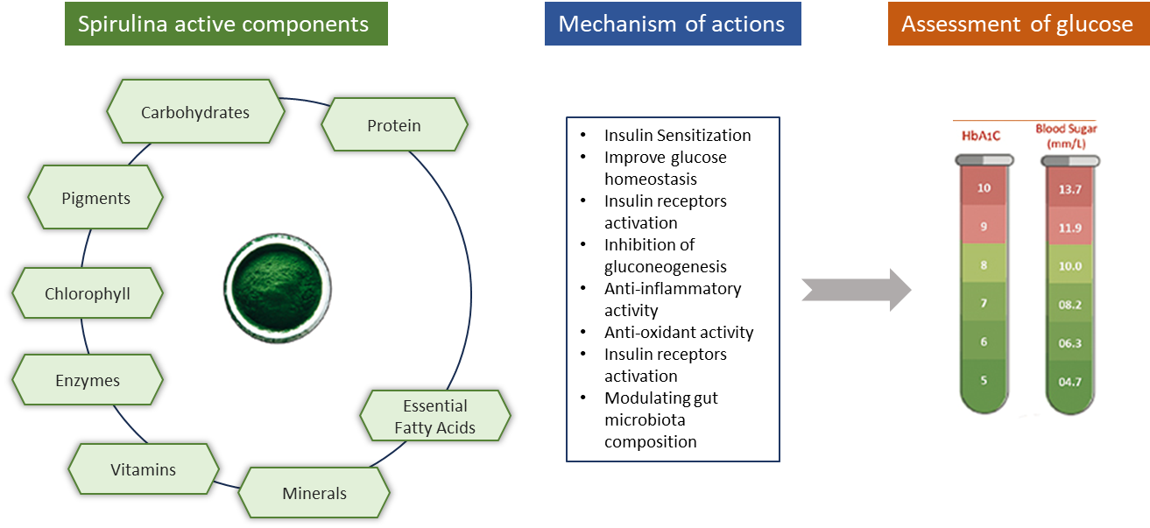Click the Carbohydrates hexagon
click(195, 112)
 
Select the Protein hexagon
click(394, 125)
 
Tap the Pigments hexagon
click(95, 198)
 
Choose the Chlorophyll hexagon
click(88, 293)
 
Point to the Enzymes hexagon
click(88, 381)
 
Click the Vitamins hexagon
click(144, 469)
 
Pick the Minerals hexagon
click(314, 493)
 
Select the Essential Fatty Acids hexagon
click(435, 417)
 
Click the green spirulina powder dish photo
click(276, 289)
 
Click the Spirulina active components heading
click(224, 24)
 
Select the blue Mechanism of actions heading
click(672, 24)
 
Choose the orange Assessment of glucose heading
click(1017, 24)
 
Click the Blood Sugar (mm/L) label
click(1066, 135)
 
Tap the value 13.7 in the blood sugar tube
click(1069, 188)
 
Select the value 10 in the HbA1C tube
click(984, 187)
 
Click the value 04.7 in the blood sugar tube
click(1069, 382)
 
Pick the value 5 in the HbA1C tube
click(984, 381)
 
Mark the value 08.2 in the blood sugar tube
click(1069, 305)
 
